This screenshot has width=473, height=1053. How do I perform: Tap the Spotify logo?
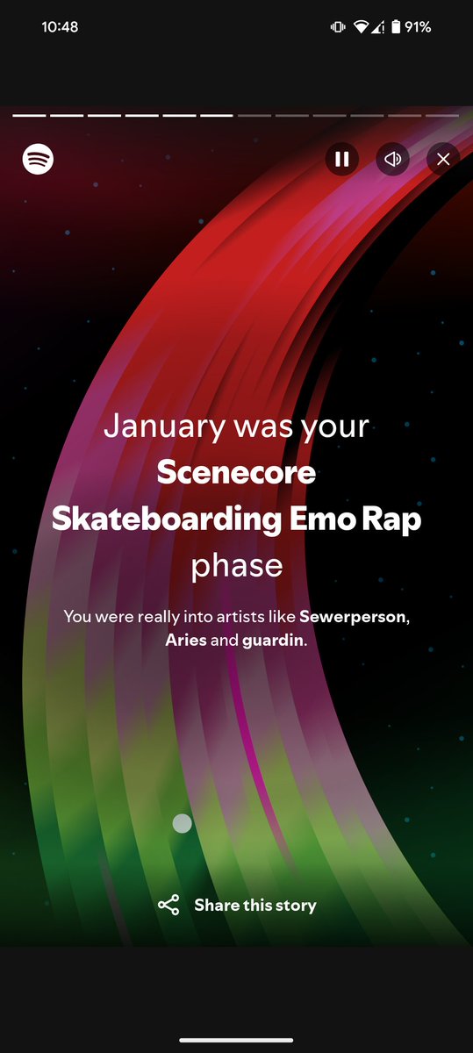39,159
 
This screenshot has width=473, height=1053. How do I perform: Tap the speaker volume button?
393,159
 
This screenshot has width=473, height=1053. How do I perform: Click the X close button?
443,159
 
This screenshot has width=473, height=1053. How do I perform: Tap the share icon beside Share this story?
168,906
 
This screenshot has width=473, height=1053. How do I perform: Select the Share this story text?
255,906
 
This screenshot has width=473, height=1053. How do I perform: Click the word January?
163,427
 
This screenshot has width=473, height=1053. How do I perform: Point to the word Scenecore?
236,473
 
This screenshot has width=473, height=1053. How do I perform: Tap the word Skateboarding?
165,519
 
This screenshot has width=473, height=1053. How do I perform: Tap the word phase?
237,566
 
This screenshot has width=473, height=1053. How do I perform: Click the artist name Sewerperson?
353,617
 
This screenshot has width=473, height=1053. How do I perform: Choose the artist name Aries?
186,640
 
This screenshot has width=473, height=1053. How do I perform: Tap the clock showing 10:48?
60,27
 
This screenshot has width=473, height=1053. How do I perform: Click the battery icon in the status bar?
397,27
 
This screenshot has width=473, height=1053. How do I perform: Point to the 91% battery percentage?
418,27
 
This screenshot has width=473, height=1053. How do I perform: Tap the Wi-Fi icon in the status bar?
361,27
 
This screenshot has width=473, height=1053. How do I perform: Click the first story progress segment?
29,114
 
